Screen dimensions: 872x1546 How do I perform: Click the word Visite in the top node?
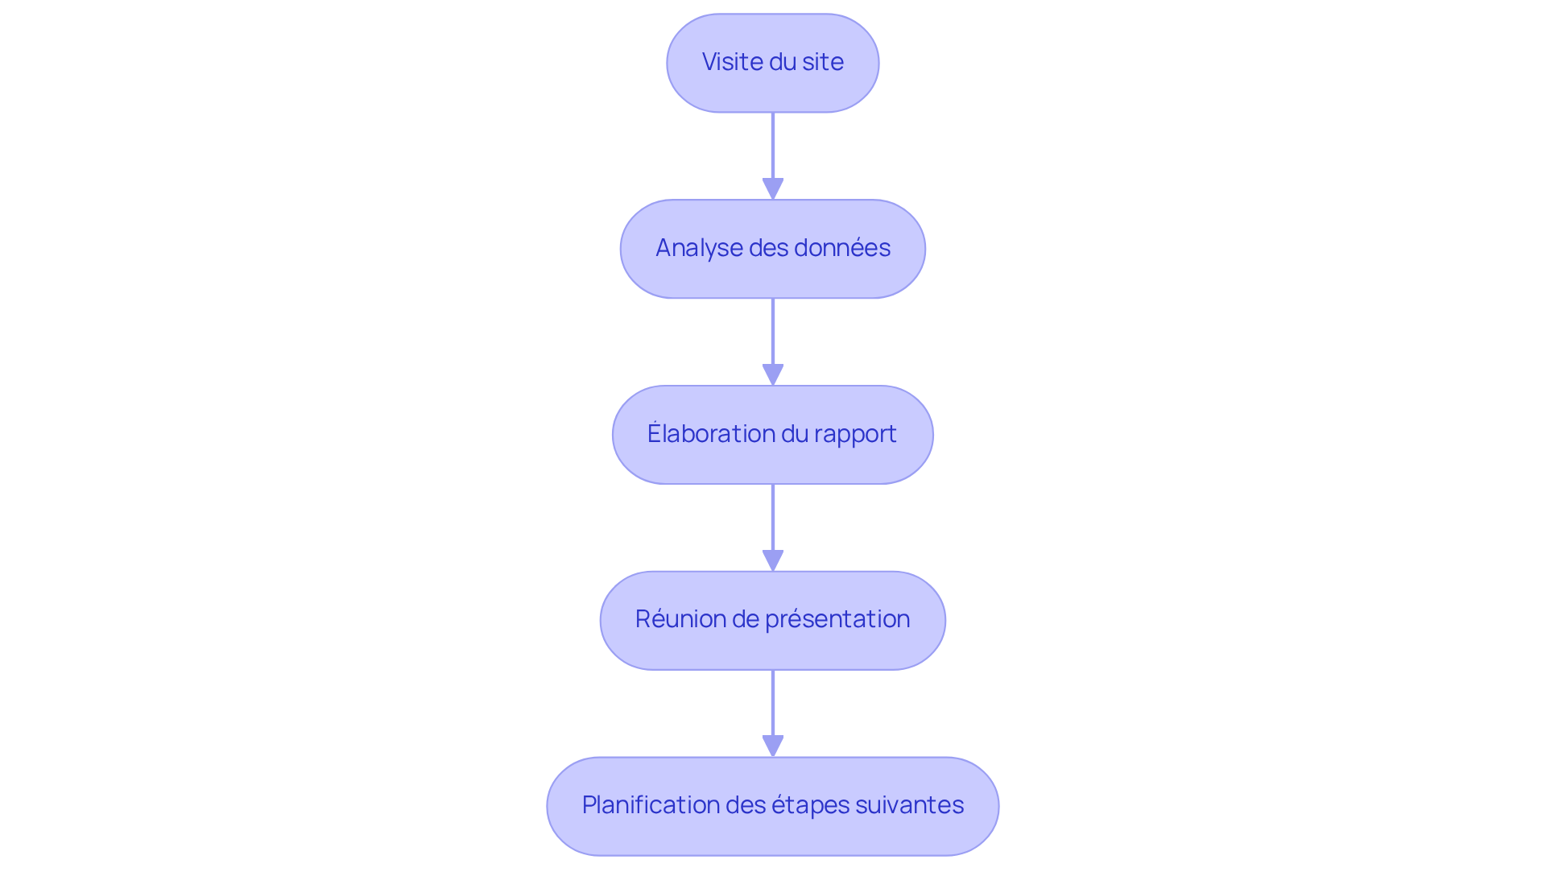[x=732, y=62]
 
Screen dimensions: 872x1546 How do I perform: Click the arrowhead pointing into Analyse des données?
[x=773, y=189]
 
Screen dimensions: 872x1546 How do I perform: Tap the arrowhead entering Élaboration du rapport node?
[x=773, y=375]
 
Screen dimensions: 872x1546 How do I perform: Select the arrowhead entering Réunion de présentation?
[x=773, y=561]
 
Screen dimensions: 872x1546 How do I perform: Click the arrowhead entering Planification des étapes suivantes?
[x=773, y=746]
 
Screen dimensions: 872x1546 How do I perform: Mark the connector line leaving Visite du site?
[x=773, y=145]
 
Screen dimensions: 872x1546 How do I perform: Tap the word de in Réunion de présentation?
[x=746, y=619]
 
